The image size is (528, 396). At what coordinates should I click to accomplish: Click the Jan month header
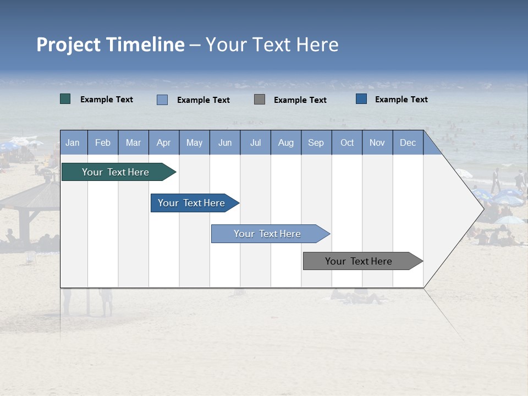73,143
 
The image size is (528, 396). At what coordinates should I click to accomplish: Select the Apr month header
164,143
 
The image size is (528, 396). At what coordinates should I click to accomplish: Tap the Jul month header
255,143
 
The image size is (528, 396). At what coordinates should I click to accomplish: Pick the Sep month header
316,143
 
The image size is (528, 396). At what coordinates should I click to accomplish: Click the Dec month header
408,143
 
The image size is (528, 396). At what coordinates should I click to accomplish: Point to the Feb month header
103,143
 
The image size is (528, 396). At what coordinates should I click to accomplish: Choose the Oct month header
347,143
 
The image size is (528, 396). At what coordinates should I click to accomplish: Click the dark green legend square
65,99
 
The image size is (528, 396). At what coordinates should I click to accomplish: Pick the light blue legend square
162,100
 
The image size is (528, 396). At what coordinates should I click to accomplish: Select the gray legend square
260,100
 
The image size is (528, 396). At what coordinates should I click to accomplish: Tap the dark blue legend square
361,99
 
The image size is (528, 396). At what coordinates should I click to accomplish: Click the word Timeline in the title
145,45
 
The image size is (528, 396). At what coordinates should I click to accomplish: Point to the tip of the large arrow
482,209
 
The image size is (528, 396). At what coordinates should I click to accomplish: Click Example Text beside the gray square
300,100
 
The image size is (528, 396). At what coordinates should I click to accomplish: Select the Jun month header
225,143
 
